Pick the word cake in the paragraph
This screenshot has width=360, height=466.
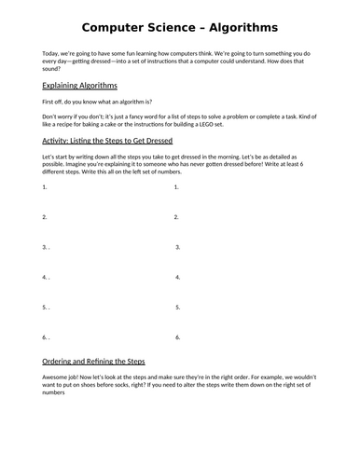pyautogui.click(x=119, y=126)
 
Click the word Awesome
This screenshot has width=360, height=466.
pyautogui.click(x=60, y=378)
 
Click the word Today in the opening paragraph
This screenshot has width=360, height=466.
pyautogui.click(x=53, y=54)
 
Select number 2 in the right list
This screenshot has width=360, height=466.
pyautogui.click(x=176, y=217)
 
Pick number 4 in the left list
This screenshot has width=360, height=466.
pyautogui.click(x=45, y=277)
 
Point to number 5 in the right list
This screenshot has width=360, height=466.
pyautogui.click(x=176, y=307)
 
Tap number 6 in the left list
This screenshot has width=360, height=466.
pyautogui.click(x=45, y=336)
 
